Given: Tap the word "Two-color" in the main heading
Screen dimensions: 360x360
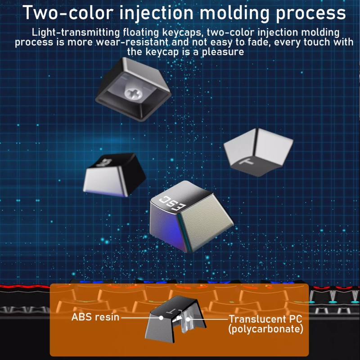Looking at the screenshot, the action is (68, 12).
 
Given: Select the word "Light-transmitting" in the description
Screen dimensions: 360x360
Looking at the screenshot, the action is (76, 32).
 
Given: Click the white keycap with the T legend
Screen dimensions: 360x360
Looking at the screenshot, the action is (258, 152).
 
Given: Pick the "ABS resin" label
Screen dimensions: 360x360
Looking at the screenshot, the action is (95, 317).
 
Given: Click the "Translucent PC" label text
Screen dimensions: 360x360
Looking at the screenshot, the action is (265, 319).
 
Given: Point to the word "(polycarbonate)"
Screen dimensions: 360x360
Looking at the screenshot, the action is (265, 329).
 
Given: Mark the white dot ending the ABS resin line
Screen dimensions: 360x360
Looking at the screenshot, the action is (161, 318).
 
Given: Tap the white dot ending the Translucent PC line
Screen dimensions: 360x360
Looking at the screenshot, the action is (188, 319).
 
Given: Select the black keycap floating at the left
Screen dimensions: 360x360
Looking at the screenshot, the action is (114, 175).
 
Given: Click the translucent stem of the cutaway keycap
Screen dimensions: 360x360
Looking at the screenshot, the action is (184, 321).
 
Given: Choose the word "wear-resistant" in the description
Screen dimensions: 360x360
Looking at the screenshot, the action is (132, 42).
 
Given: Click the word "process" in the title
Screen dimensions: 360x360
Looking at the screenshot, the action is (311, 14).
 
